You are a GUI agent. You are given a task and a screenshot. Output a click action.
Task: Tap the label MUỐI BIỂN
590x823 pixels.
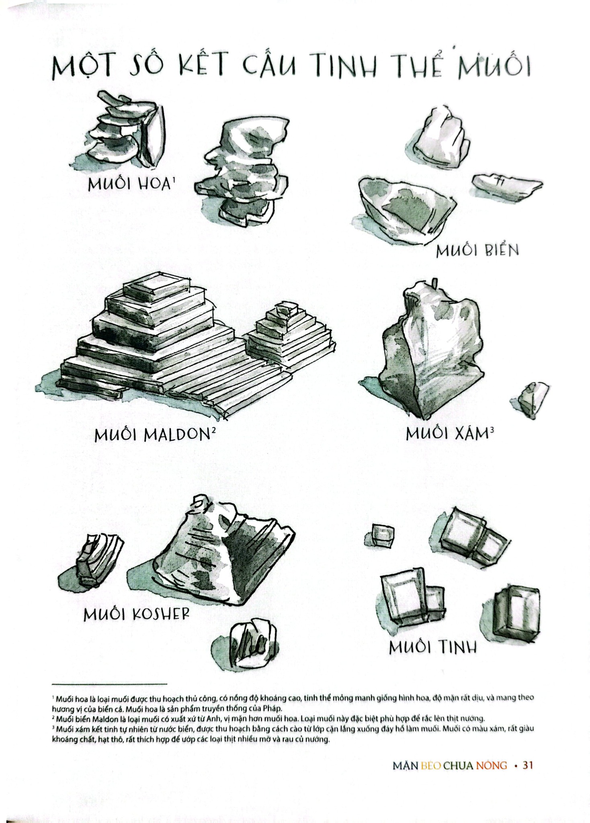[477, 250]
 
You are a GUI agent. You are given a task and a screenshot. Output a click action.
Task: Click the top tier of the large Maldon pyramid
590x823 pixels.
[156, 288]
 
